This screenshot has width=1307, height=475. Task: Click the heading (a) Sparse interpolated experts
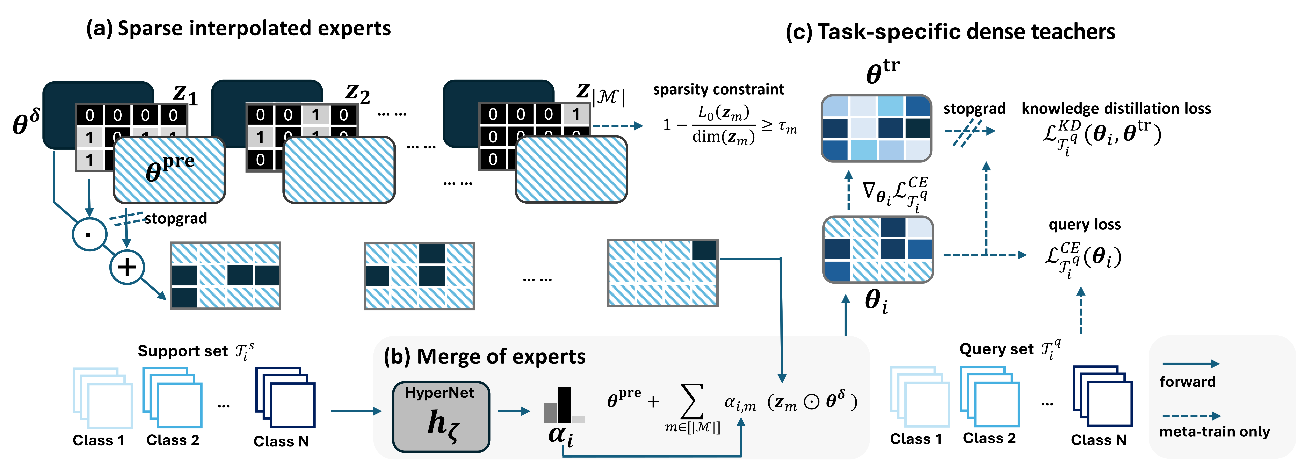[239, 29]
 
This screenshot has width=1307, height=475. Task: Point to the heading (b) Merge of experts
[485, 357]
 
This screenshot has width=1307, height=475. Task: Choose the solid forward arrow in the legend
[1190, 364]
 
